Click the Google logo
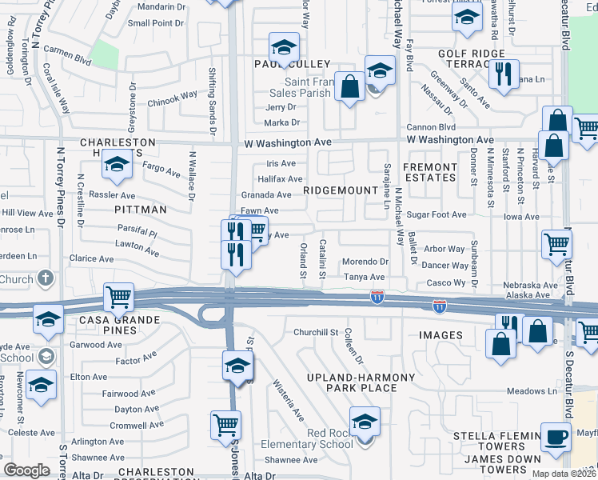[27, 470]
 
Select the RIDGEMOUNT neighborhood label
[340, 190]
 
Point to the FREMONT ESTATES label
[430, 172]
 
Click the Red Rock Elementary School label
[330, 439]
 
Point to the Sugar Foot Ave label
[436, 215]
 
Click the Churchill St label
[317, 332]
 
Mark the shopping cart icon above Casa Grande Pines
[118, 297]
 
